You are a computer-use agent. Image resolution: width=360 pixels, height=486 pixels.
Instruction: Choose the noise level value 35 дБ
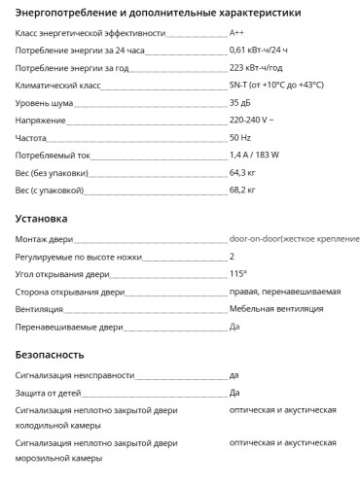240,102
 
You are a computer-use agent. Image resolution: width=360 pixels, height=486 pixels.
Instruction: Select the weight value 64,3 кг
242,172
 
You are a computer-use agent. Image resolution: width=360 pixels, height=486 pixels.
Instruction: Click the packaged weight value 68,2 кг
242,190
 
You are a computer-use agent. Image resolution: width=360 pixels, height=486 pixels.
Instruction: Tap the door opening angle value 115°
238,274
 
